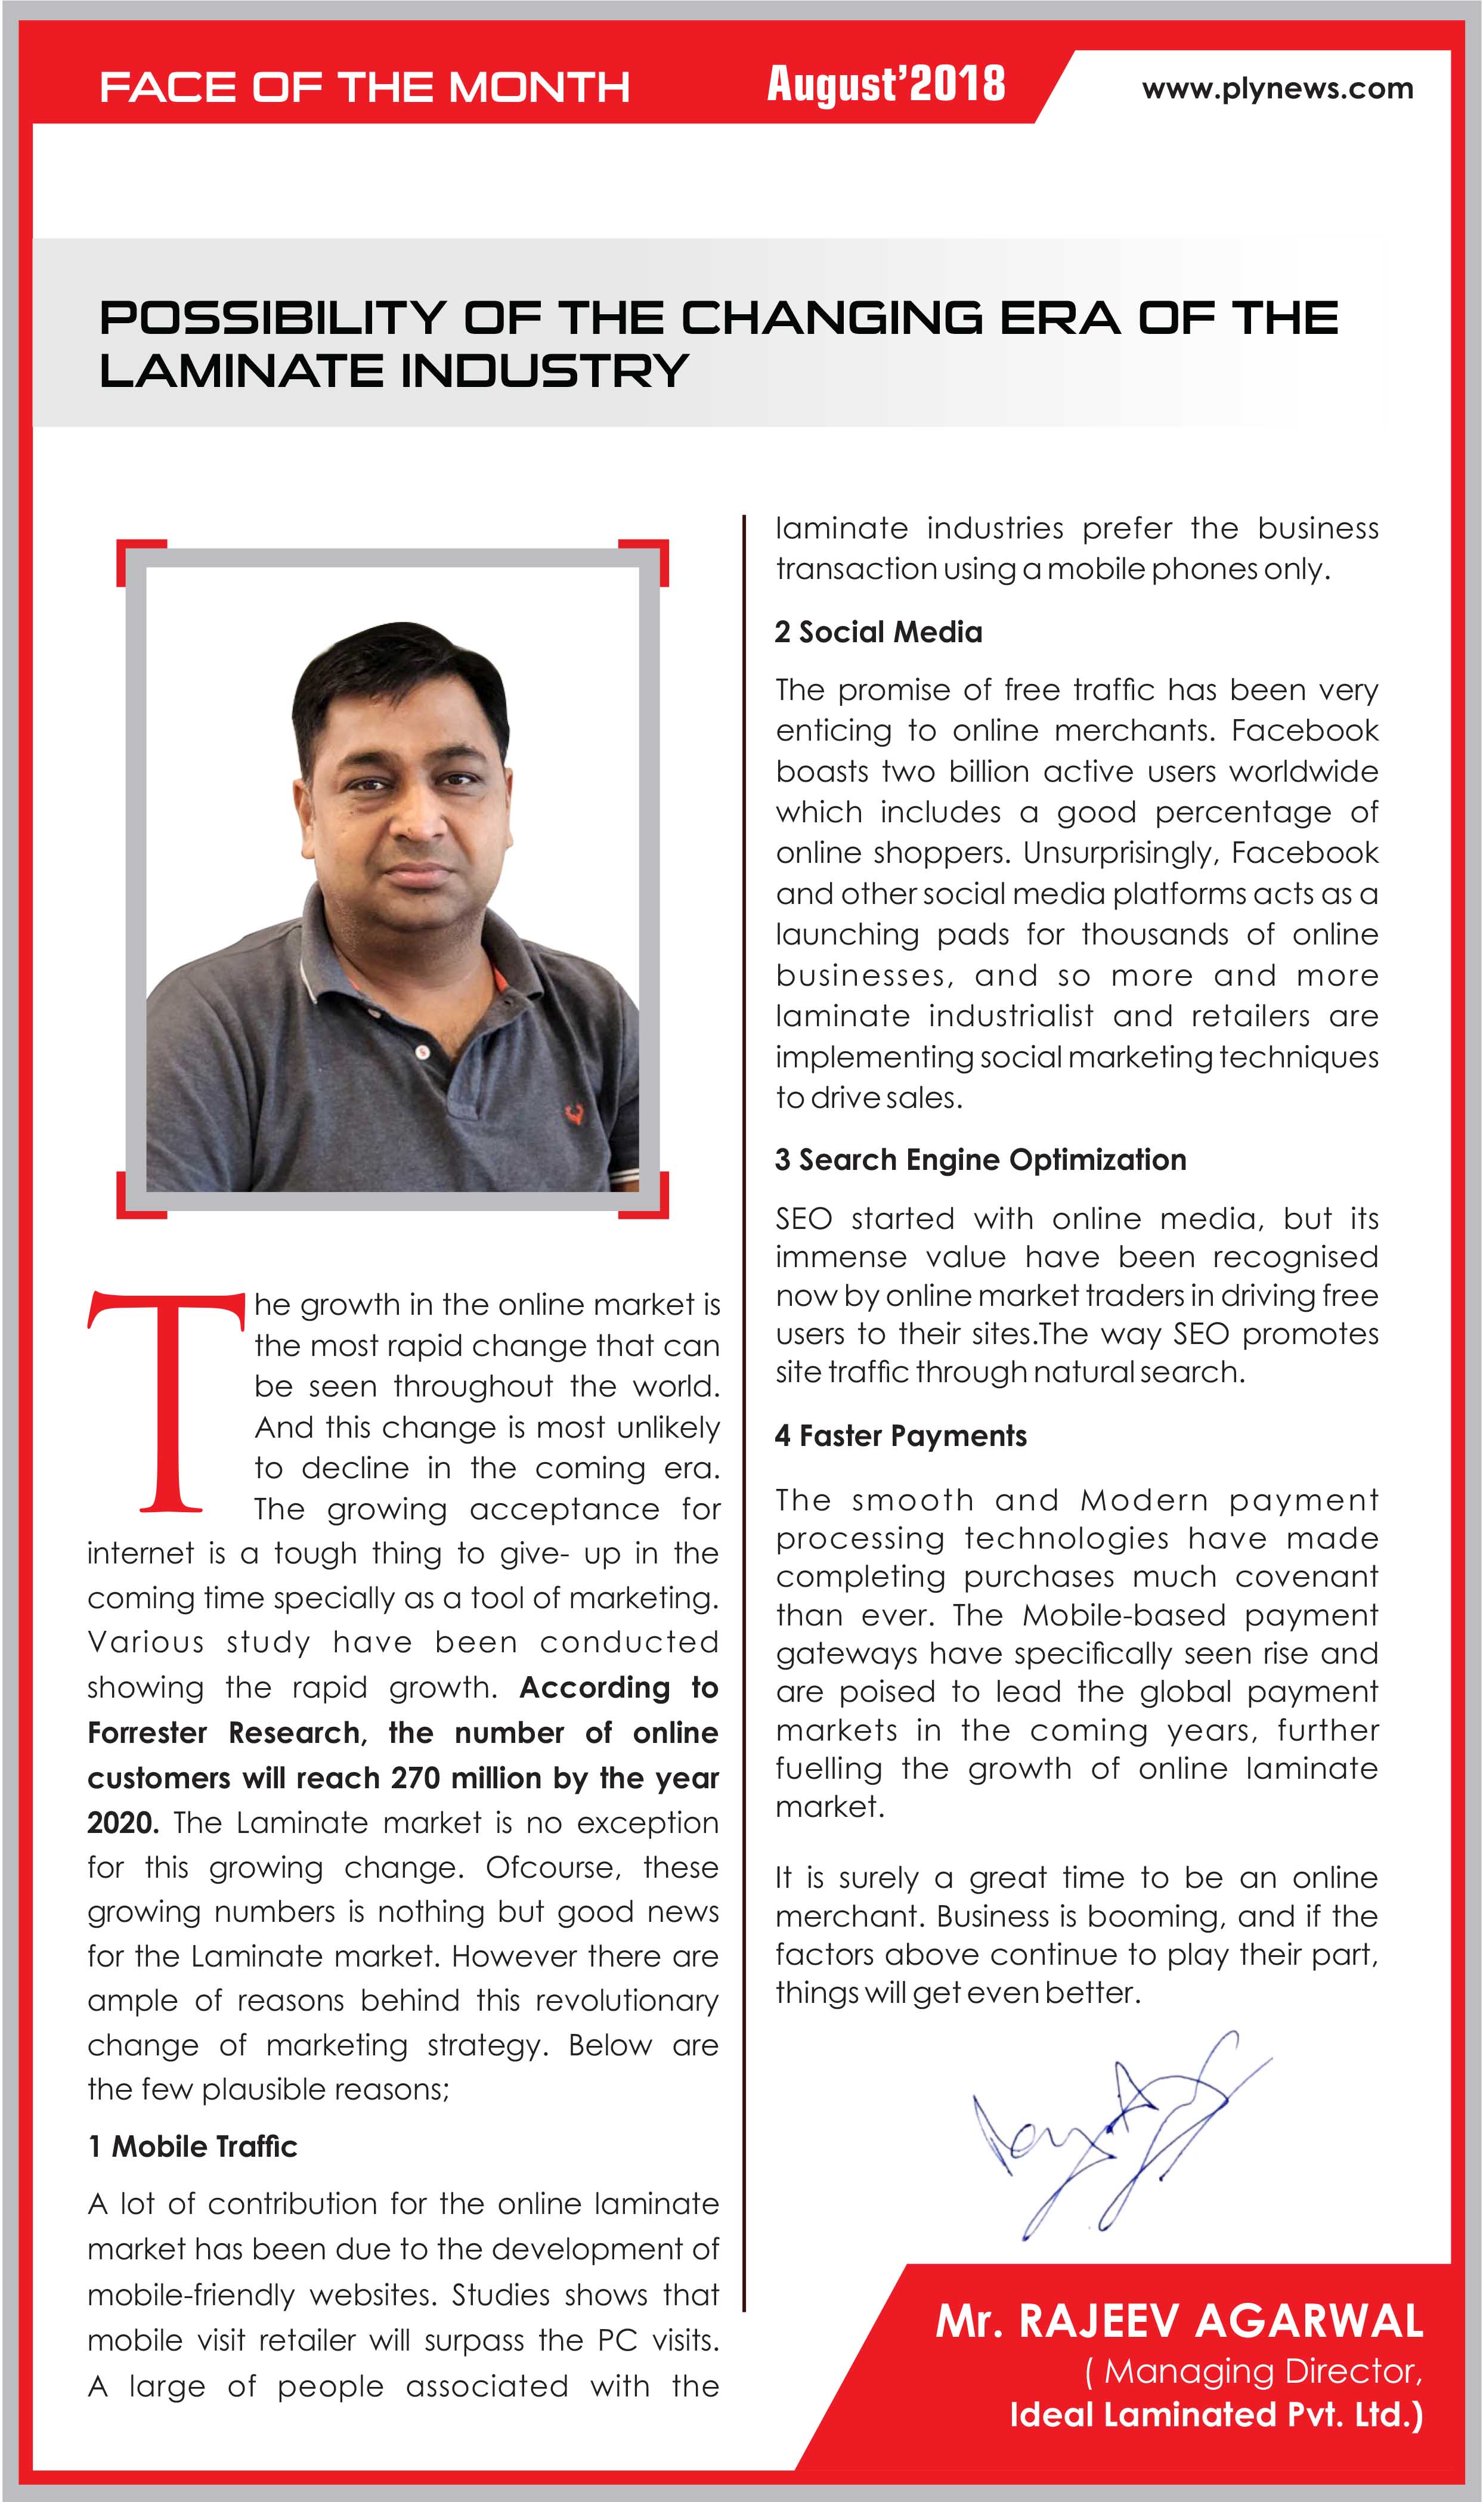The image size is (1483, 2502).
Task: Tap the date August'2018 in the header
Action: [x=886, y=85]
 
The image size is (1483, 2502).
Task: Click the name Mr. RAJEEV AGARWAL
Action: [x=1179, y=2320]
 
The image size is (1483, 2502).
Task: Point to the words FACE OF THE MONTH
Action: [x=365, y=88]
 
